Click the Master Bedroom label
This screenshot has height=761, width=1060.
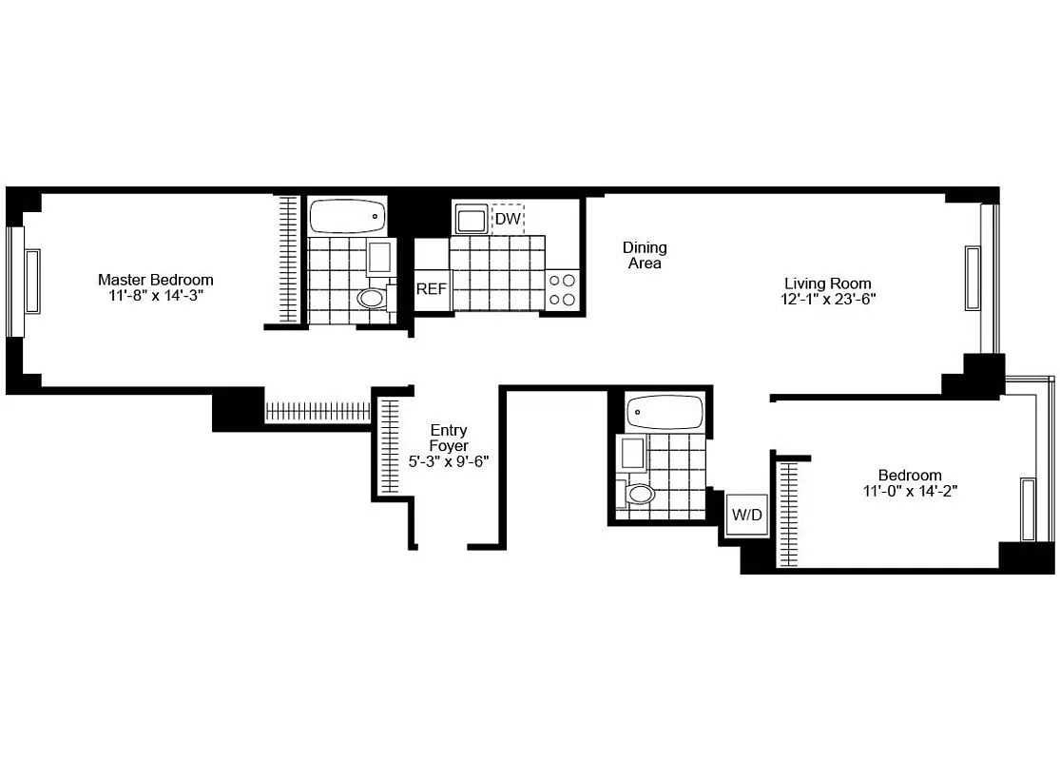156,280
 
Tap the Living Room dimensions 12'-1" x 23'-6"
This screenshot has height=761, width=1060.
827,299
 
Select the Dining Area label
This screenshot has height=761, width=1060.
645,255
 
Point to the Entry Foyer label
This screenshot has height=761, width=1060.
448,438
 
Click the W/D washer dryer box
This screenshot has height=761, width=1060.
746,515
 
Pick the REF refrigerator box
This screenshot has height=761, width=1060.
431,289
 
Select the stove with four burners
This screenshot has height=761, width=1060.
563,290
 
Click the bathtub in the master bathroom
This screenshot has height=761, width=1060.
349,216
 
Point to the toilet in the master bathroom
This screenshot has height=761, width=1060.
373,299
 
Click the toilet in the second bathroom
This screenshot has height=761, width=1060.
641,494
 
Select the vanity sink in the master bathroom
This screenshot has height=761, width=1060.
378,258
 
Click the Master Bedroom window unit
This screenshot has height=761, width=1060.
32,281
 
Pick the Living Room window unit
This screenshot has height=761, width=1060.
973,277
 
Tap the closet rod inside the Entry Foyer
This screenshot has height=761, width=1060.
388,447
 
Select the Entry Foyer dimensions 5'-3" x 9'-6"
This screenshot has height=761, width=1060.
448,461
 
